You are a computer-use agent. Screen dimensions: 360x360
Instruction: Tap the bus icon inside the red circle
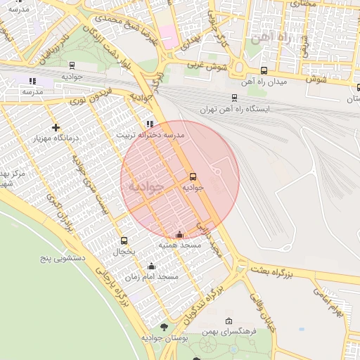(193, 176)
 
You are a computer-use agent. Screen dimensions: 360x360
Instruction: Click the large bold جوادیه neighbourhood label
(146, 187)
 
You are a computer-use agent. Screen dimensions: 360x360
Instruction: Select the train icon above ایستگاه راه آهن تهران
(234, 98)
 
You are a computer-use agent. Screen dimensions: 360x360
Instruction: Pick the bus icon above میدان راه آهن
(264, 70)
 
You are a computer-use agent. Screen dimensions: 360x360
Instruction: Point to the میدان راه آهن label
(264, 82)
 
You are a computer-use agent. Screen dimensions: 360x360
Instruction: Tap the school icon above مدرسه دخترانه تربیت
(149, 124)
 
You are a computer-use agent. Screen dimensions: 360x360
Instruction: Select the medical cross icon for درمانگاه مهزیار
(56, 127)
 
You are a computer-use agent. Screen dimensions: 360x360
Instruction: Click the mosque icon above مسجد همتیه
(179, 234)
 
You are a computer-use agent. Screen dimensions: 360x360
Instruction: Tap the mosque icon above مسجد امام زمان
(151, 266)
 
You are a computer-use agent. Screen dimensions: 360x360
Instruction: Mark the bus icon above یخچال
(124, 240)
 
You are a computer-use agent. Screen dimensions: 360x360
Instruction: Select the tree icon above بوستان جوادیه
(164, 326)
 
